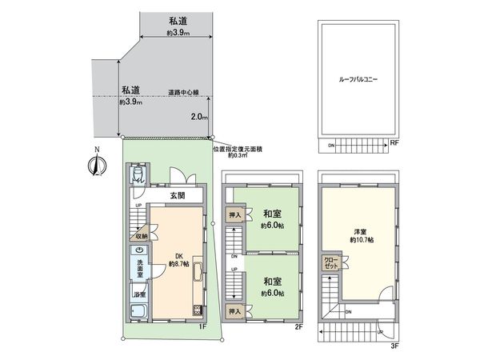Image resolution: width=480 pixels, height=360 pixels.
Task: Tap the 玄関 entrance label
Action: (177, 195)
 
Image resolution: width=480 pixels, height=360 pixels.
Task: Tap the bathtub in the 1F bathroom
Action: (138, 314)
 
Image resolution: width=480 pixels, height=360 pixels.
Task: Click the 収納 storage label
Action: (142, 236)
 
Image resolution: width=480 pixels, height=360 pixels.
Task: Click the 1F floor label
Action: (202, 326)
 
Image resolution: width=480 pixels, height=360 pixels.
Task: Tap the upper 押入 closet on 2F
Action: (234, 216)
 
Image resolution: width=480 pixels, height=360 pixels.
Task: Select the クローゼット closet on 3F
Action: (331, 263)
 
